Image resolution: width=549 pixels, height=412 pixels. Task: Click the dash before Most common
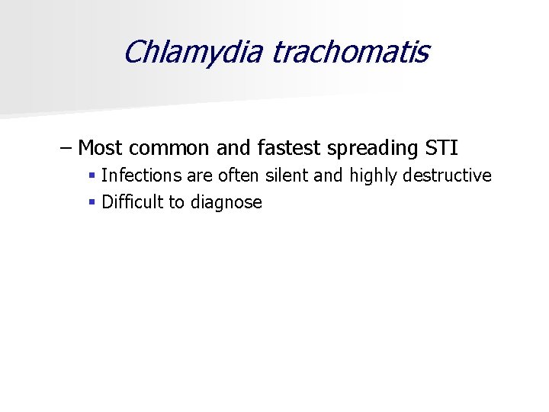tap(66, 146)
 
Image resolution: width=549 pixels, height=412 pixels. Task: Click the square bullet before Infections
tap(91, 175)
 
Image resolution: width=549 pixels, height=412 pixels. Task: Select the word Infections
tap(142, 175)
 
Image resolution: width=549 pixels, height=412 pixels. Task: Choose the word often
tap(239, 175)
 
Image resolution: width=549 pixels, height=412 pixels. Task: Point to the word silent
tap(287, 175)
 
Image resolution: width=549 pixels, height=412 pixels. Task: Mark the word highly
tap(374, 175)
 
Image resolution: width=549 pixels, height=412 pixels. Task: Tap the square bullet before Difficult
tap(91, 202)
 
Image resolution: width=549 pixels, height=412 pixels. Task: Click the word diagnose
tap(226, 203)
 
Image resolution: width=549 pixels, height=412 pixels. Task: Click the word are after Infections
tap(201, 175)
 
